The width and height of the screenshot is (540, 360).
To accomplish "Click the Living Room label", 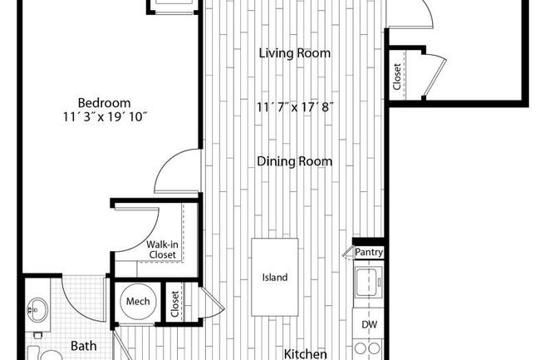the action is coord(294,53).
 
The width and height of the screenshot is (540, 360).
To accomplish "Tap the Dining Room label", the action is coord(294,161).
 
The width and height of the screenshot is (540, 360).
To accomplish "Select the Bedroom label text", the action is coord(104,102).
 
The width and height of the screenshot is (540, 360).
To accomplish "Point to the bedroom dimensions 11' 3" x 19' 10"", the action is coord(105,117).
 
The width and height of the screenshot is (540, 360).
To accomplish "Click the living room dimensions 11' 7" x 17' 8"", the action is coord(295,107).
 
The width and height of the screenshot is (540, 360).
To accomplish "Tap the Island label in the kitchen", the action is coord(275,278).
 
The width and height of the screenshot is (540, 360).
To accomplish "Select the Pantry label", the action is coord(369,252).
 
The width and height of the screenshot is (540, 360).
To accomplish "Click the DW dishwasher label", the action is coord(369,324).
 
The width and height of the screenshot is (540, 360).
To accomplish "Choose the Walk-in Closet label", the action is coord(162,249).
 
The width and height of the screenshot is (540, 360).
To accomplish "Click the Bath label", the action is coord(83,346).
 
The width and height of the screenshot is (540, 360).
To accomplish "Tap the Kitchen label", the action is coord(305,354).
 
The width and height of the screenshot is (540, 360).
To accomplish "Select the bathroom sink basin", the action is coord(37,309).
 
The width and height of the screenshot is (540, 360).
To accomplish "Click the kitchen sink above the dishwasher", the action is coord(369,282).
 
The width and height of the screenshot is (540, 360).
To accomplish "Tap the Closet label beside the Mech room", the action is coord(175,303).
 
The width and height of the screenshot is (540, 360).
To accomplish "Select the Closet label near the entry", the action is coord(397,76).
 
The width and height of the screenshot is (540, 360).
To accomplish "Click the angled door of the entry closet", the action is coord(434,76).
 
